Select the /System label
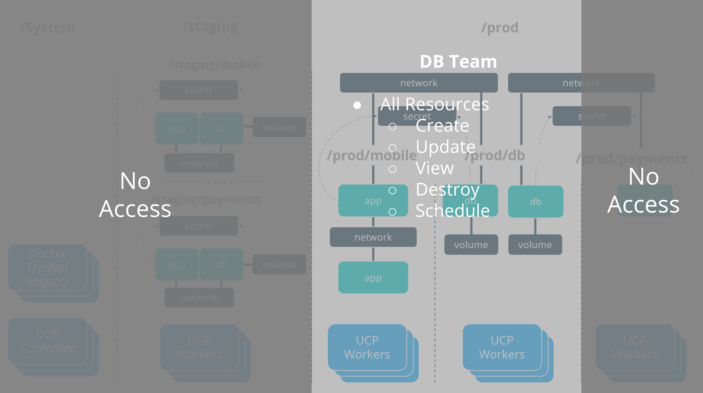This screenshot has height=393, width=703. [x=47, y=28]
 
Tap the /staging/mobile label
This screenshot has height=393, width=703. [x=214, y=65]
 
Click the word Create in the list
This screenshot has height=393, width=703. [x=442, y=126]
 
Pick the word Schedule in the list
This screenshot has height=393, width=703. [x=452, y=211]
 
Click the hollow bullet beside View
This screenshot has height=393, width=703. [x=392, y=169]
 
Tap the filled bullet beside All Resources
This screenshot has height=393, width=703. [x=357, y=105]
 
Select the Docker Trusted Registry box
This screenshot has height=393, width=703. [x=48, y=267]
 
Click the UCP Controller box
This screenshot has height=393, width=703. [x=48, y=341]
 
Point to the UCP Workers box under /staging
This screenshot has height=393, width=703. [x=199, y=347]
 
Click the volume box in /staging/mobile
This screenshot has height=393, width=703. [x=279, y=127]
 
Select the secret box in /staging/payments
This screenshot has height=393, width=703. [x=198, y=226]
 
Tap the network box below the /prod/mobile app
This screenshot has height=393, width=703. [x=373, y=237]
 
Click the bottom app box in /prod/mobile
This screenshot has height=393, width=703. [x=373, y=278]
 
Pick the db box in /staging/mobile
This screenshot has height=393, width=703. [x=221, y=128]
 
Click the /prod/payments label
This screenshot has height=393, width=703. [x=631, y=159]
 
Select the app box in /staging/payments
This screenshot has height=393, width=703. [x=177, y=265]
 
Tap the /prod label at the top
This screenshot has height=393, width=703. [x=500, y=28]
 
